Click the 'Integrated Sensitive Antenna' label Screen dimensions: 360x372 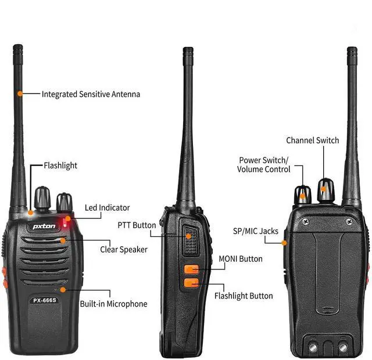[x=91, y=93]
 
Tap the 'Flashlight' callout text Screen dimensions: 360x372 [x=60, y=165]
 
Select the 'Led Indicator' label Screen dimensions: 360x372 [x=107, y=207]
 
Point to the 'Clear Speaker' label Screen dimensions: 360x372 [x=124, y=249]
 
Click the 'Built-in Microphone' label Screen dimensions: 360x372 [x=113, y=304]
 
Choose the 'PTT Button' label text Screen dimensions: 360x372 [x=137, y=225]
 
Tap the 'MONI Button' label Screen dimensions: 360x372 [x=241, y=258]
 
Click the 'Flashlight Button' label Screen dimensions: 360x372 [x=244, y=296]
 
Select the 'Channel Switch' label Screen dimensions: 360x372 [x=312, y=140]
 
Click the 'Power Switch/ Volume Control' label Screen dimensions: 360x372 [x=263, y=164]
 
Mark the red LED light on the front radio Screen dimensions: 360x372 [x=67, y=220]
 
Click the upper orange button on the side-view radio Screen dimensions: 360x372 [x=191, y=269]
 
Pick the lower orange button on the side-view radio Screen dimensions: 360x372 [x=191, y=283]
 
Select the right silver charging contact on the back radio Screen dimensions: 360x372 [x=343, y=347]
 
